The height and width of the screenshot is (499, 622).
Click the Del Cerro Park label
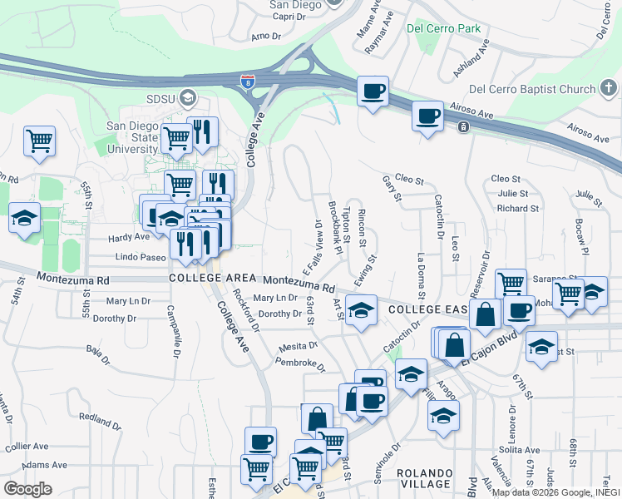444,28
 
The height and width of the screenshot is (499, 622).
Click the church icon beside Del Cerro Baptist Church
610,89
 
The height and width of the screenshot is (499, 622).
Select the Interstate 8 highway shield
247,82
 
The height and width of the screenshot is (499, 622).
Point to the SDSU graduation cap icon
188,98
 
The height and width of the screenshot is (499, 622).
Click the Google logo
27,489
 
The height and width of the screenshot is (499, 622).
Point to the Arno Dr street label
266,37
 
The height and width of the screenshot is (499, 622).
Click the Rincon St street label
361,226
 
